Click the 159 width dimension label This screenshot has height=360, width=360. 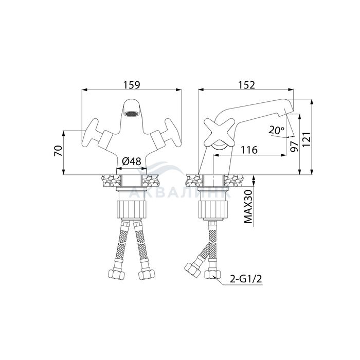click(x=132, y=85)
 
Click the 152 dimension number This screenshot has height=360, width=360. click(x=246, y=85)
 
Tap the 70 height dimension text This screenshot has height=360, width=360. click(x=58, y=151)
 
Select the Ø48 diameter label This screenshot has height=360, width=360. click(x=132, y=161)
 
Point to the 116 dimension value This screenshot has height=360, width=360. click(x=249, y=150)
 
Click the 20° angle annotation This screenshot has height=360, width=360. click(x=277, y=131)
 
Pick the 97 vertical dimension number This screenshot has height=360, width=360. click(x=294, y=147)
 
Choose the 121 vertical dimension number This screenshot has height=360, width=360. click(x=307, y=139)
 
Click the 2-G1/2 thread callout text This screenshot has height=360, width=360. click(x=246, y=279)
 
